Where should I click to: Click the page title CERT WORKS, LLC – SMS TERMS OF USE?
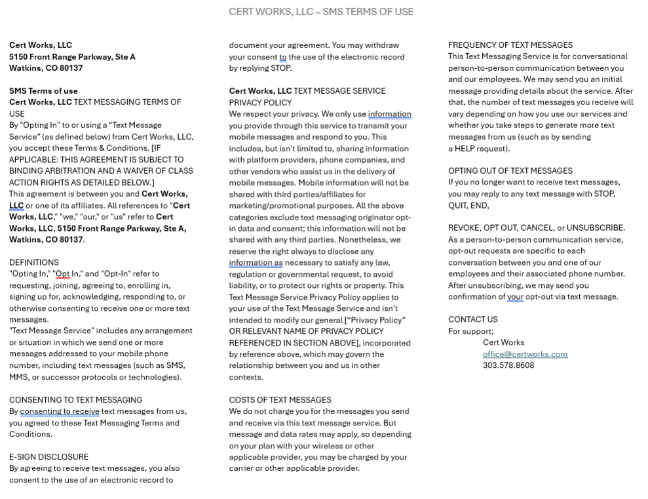point(321,12)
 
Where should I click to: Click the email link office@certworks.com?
point(525,354)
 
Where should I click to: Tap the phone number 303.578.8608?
point(508,365)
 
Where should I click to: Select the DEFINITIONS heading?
point(34,262)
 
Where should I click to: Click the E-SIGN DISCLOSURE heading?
point(48,457)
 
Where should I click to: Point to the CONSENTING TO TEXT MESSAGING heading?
point(75,400)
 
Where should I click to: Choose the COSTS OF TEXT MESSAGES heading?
point(280,400)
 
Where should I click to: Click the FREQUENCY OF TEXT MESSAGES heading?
point(510,45)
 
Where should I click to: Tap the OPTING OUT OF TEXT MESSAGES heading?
point(510,170)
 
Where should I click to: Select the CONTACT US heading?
point(472,319)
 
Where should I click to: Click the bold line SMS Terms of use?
point(43,91)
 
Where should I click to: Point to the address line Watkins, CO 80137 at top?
point(46,68)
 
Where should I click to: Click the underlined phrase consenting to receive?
point(60,412)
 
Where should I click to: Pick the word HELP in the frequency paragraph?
point(465,149)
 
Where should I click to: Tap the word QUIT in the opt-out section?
point(459,205)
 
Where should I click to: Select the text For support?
point(470,331)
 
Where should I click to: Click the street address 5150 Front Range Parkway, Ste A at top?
point(72,57)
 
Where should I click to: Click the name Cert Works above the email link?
point(503,342)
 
